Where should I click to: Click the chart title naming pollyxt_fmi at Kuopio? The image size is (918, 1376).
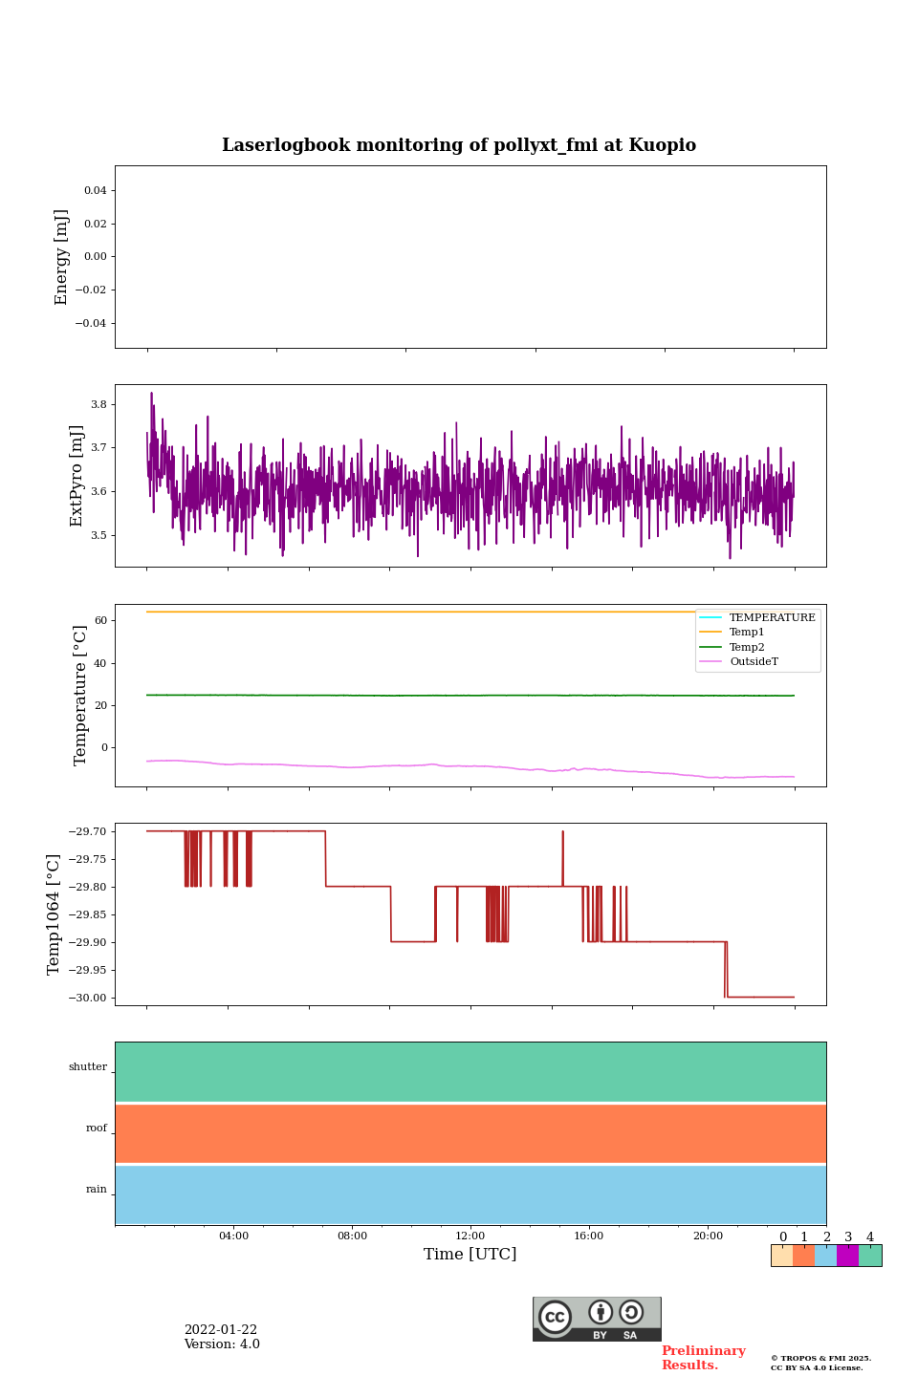[459, 145]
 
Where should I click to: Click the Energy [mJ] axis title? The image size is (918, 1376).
[62, 257]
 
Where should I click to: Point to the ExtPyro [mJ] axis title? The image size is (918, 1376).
[77, 476]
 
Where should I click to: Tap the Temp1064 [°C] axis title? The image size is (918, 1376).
[55, 914]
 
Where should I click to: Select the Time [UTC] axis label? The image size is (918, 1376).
[470, 1254]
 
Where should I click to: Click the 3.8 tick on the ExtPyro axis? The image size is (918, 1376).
[98, 404]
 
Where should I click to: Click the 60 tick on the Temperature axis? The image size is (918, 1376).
[100, 620]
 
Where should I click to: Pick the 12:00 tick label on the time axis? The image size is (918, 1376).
[470, 1236]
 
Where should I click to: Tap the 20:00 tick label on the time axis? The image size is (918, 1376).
[708, 1236]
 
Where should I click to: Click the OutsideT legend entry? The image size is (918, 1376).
[754, 662]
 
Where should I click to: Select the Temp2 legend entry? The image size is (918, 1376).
[747, 647]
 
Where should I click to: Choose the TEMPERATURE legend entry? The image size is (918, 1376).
[772, 617]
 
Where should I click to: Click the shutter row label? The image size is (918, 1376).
[88, 1067]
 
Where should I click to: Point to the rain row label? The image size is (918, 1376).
[97, 1190]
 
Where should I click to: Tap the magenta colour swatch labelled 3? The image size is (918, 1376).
[847, 1256]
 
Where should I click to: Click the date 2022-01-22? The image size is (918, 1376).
[221, 1330]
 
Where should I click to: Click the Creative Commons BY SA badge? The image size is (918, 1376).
[597, 1319]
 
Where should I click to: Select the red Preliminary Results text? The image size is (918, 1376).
[703, 1358]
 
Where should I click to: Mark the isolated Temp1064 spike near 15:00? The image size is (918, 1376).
[562, 846]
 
